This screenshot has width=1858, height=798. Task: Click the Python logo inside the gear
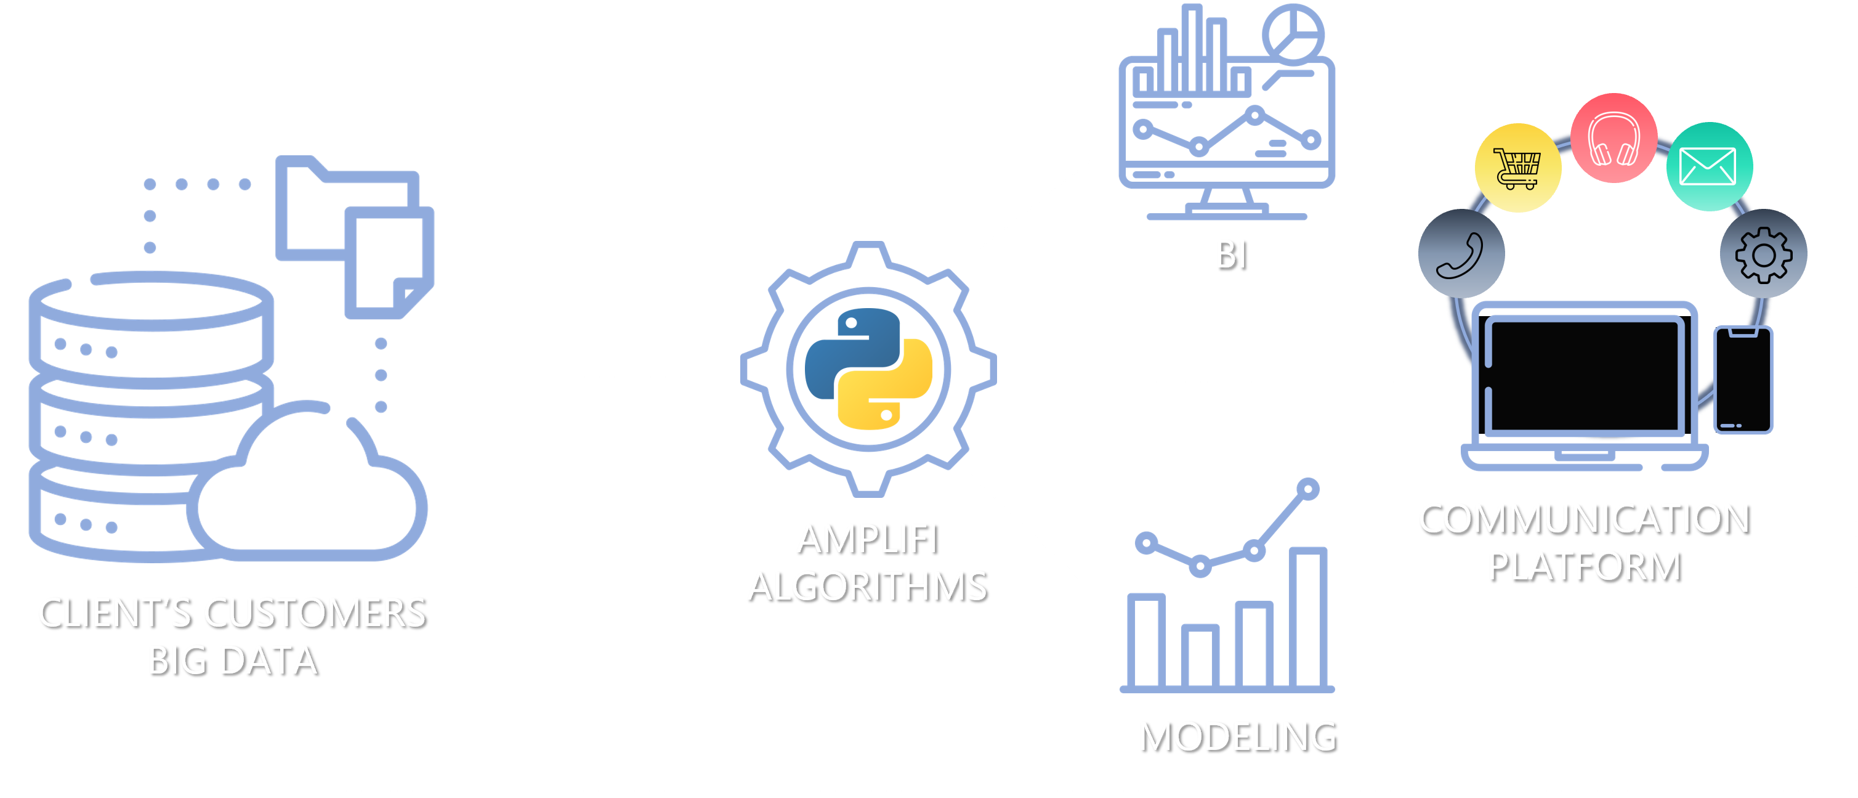(868, 369)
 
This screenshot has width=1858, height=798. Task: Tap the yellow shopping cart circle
(1517, 168)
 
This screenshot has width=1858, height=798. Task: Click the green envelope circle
(1710, 166)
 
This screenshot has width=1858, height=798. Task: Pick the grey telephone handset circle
(1461, 253)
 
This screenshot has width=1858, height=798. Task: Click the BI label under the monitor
(1230, 254)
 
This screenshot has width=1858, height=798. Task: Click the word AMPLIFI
(867, 539)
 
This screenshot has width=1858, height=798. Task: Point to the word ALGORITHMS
(867, 586)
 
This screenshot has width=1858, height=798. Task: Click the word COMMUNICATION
(1584, 518)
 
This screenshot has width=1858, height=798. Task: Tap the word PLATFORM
(1584, 565)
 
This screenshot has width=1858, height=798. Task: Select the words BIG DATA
(232, 660)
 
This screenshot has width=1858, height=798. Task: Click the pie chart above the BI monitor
(1293, 33)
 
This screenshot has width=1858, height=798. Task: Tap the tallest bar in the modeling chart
(1307, 617)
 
